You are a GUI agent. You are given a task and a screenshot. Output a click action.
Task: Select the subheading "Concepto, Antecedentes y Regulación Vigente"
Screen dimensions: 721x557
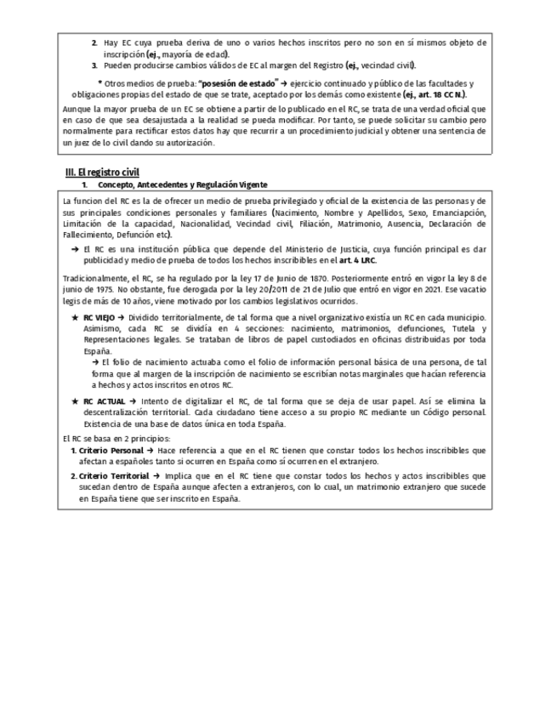point(182,184)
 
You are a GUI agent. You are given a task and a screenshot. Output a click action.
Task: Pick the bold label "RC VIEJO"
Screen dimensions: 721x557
point(101,317)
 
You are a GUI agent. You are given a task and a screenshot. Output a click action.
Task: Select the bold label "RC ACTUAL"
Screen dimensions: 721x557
point(105,400)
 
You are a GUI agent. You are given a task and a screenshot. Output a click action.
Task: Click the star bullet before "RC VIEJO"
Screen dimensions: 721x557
point(75,317)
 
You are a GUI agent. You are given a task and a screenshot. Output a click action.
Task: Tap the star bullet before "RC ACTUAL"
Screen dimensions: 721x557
point(75,400)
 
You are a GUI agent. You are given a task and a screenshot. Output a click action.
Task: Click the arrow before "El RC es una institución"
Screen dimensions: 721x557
point(75,248)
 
